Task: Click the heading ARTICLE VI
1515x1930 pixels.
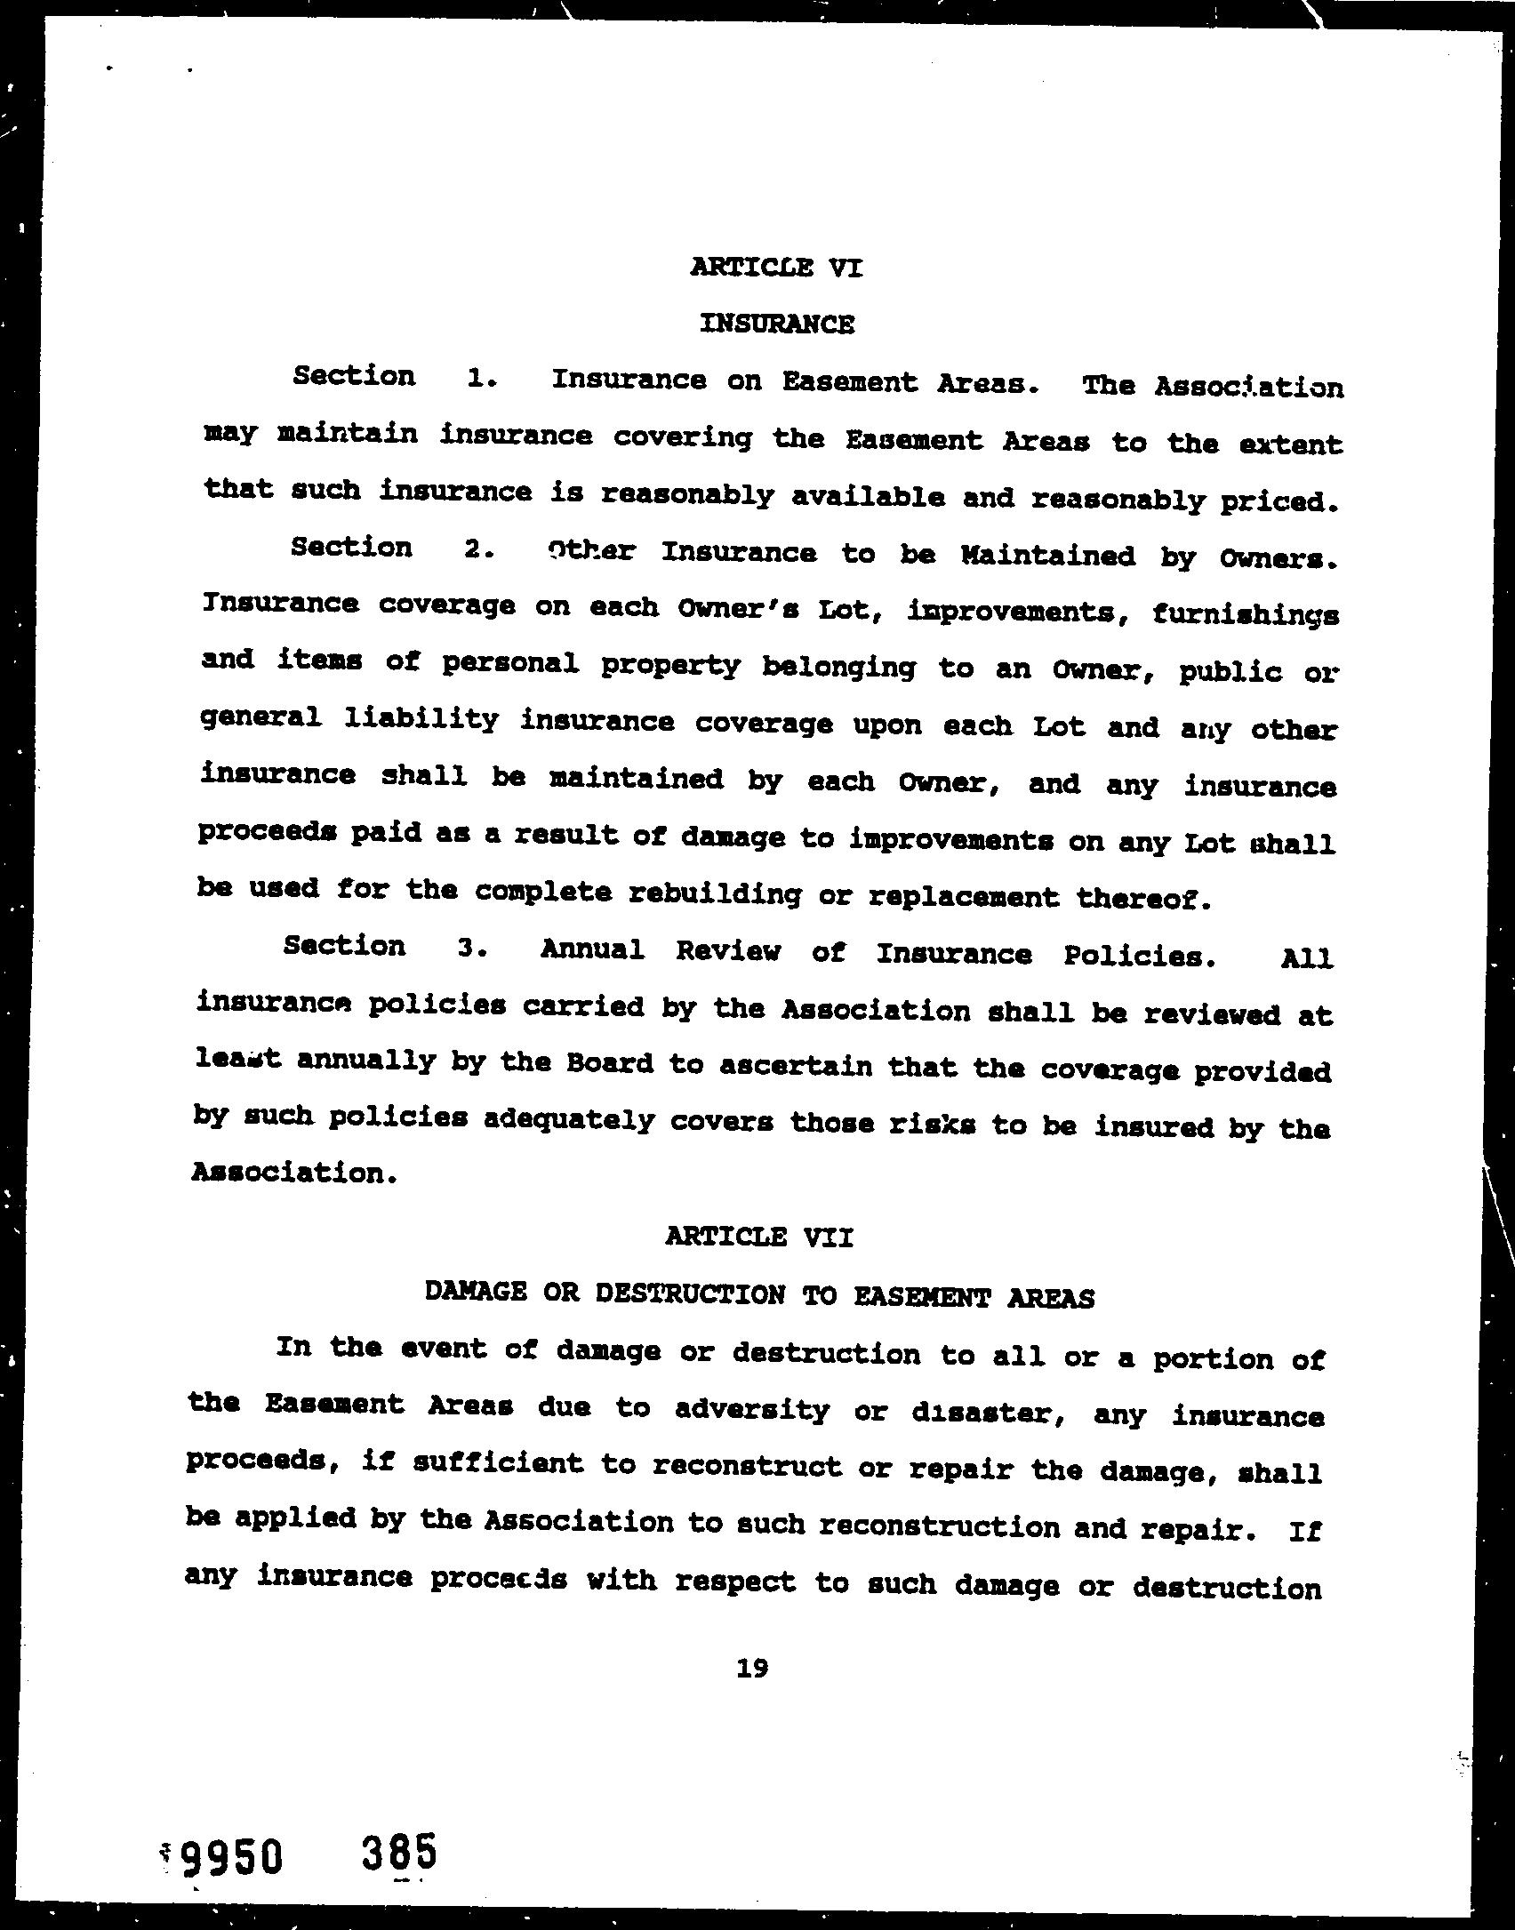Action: tap(775, 267)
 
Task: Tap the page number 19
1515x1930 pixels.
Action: tap(752, 1668)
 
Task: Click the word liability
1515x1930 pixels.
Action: tap(421, 718)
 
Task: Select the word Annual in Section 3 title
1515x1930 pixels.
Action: tap(592, 949)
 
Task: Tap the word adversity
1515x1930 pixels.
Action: tap(751, 1410)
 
